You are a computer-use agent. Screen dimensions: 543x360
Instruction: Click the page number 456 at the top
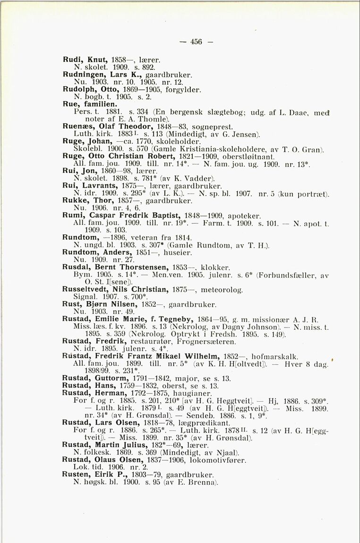[x=196, y=42]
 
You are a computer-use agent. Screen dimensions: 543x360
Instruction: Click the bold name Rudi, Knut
[x=82, y=60]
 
